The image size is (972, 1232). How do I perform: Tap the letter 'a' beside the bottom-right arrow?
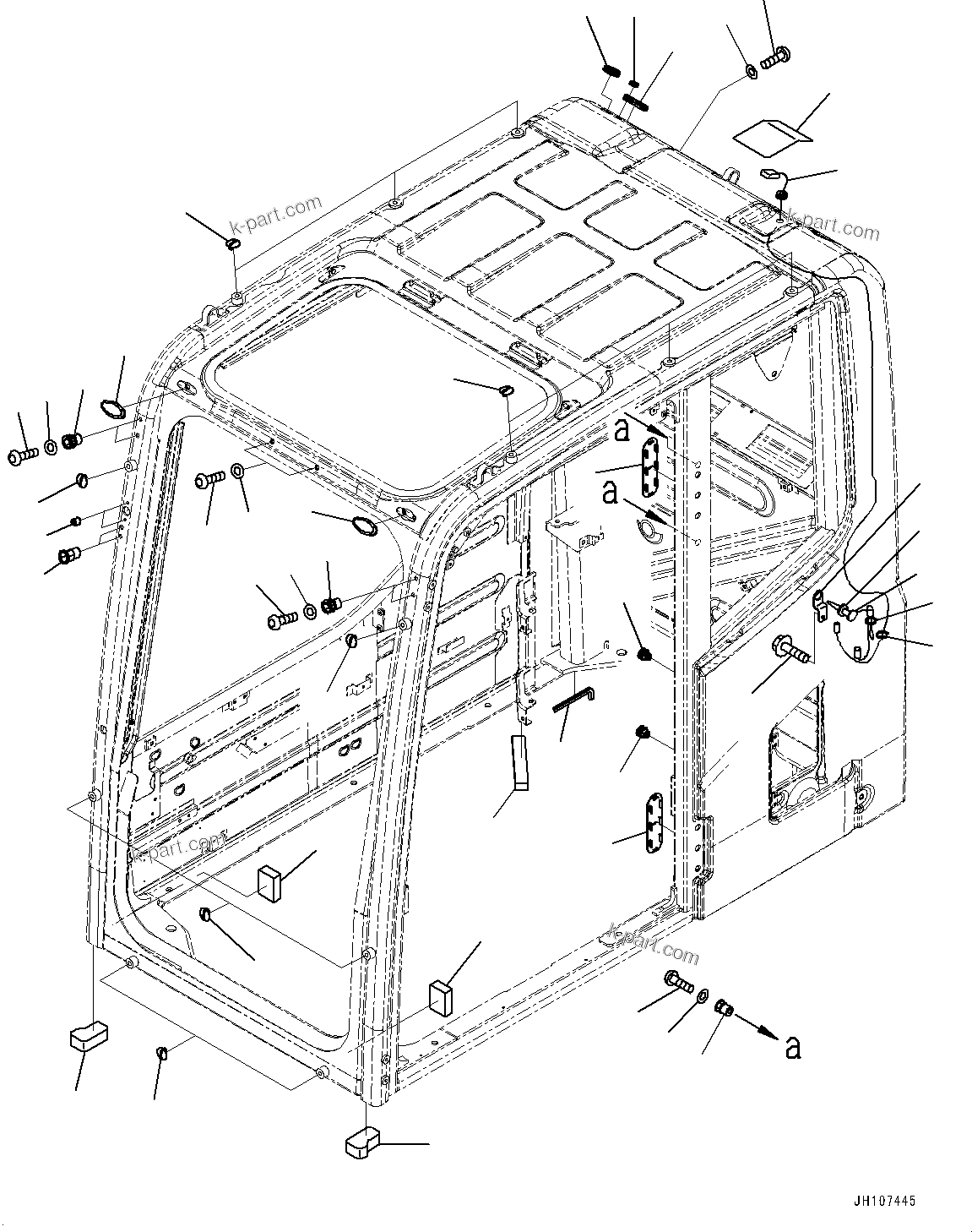pos(791,1048)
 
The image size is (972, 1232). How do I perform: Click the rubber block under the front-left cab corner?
pos(85,1035)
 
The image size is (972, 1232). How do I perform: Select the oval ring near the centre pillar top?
pos(365,528)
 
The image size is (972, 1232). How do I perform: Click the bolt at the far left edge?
pos(22,455)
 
